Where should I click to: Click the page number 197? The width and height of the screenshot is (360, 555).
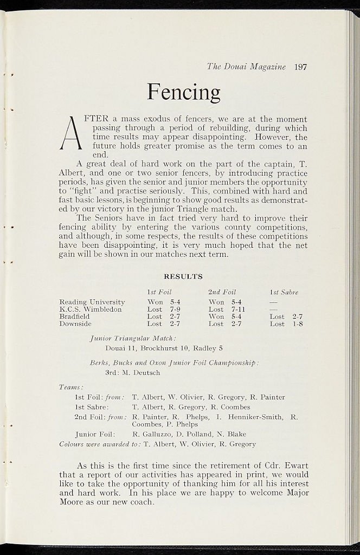(301, 67)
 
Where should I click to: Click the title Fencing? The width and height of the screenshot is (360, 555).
(184, 92)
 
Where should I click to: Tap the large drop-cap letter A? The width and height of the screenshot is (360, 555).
(71, 134)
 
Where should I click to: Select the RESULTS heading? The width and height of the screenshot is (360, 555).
(183, 276)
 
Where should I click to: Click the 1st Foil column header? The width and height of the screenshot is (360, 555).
(159, 292)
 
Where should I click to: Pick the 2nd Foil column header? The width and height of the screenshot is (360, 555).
(222, 292)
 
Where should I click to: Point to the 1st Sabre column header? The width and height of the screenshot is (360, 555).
(284, 292)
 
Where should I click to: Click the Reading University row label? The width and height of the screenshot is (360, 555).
(92, 302)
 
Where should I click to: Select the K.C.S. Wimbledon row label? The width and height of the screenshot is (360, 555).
(91, 309)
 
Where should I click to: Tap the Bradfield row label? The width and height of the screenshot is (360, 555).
(75, 316)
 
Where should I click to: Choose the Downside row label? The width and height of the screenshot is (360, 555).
(75, 324)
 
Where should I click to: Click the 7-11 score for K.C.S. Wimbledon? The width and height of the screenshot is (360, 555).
(239, 309)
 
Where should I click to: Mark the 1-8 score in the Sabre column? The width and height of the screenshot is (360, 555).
(297, 324)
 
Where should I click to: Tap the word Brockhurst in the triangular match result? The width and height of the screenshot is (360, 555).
(159, 348)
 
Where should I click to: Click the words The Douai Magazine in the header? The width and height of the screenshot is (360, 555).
(246, 67)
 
